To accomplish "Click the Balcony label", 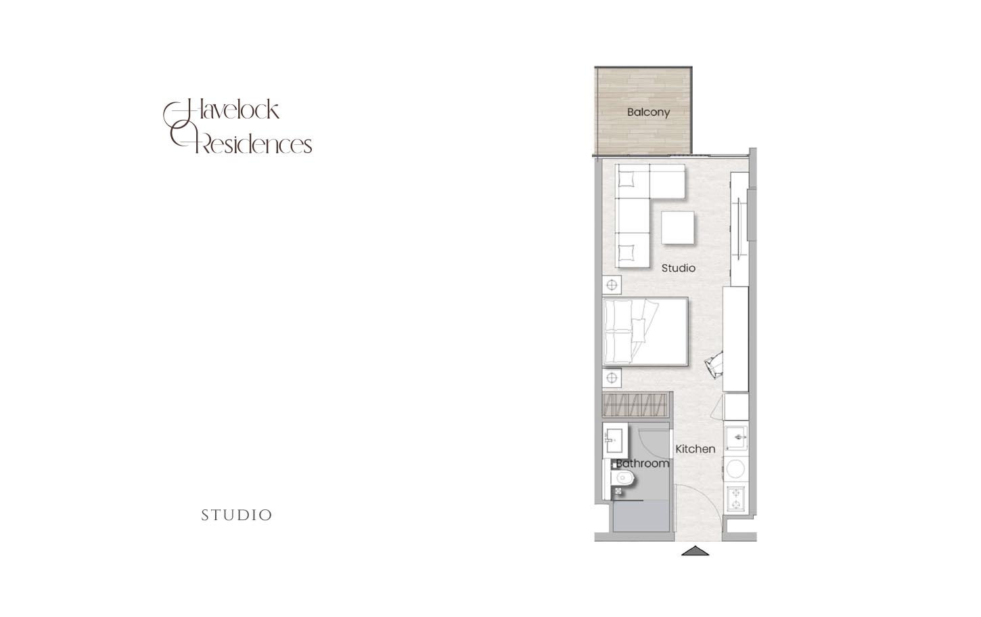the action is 649,112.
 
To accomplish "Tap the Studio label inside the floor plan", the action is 679,268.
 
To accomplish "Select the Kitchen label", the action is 695,449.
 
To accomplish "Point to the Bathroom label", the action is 643,463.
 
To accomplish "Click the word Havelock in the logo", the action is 222,110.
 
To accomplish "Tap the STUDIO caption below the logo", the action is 237,515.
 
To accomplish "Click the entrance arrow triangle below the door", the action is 695,551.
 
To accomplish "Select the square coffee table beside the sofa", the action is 677,228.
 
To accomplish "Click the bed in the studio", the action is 645,331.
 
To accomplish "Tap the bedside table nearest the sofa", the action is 612,285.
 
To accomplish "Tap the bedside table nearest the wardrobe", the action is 612,377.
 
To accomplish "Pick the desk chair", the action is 714,364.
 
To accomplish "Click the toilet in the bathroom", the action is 620,478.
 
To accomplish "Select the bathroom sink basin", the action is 614,441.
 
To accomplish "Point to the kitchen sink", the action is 737,438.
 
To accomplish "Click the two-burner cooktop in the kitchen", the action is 737,498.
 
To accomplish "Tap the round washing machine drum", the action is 736,469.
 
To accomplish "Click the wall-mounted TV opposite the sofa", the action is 739,228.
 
